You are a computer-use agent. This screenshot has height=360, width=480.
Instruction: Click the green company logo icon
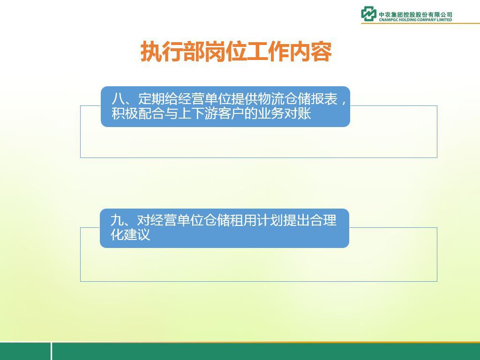(x=368, y=14)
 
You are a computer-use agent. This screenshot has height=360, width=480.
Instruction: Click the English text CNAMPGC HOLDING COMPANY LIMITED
(x=415, y=20)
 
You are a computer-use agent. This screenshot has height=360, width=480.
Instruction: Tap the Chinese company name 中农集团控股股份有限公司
(x=415, y=15)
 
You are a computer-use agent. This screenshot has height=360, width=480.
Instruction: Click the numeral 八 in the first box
(x=118, y=99)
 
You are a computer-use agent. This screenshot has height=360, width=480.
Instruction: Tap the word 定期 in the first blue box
(x=151, y=99)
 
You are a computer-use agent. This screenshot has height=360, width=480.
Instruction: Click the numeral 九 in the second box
(x=117, y=220)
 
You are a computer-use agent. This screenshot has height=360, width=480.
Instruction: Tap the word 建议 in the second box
(x=137, y=235)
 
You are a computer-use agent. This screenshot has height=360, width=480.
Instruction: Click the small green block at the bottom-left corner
(x=25, y=351)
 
